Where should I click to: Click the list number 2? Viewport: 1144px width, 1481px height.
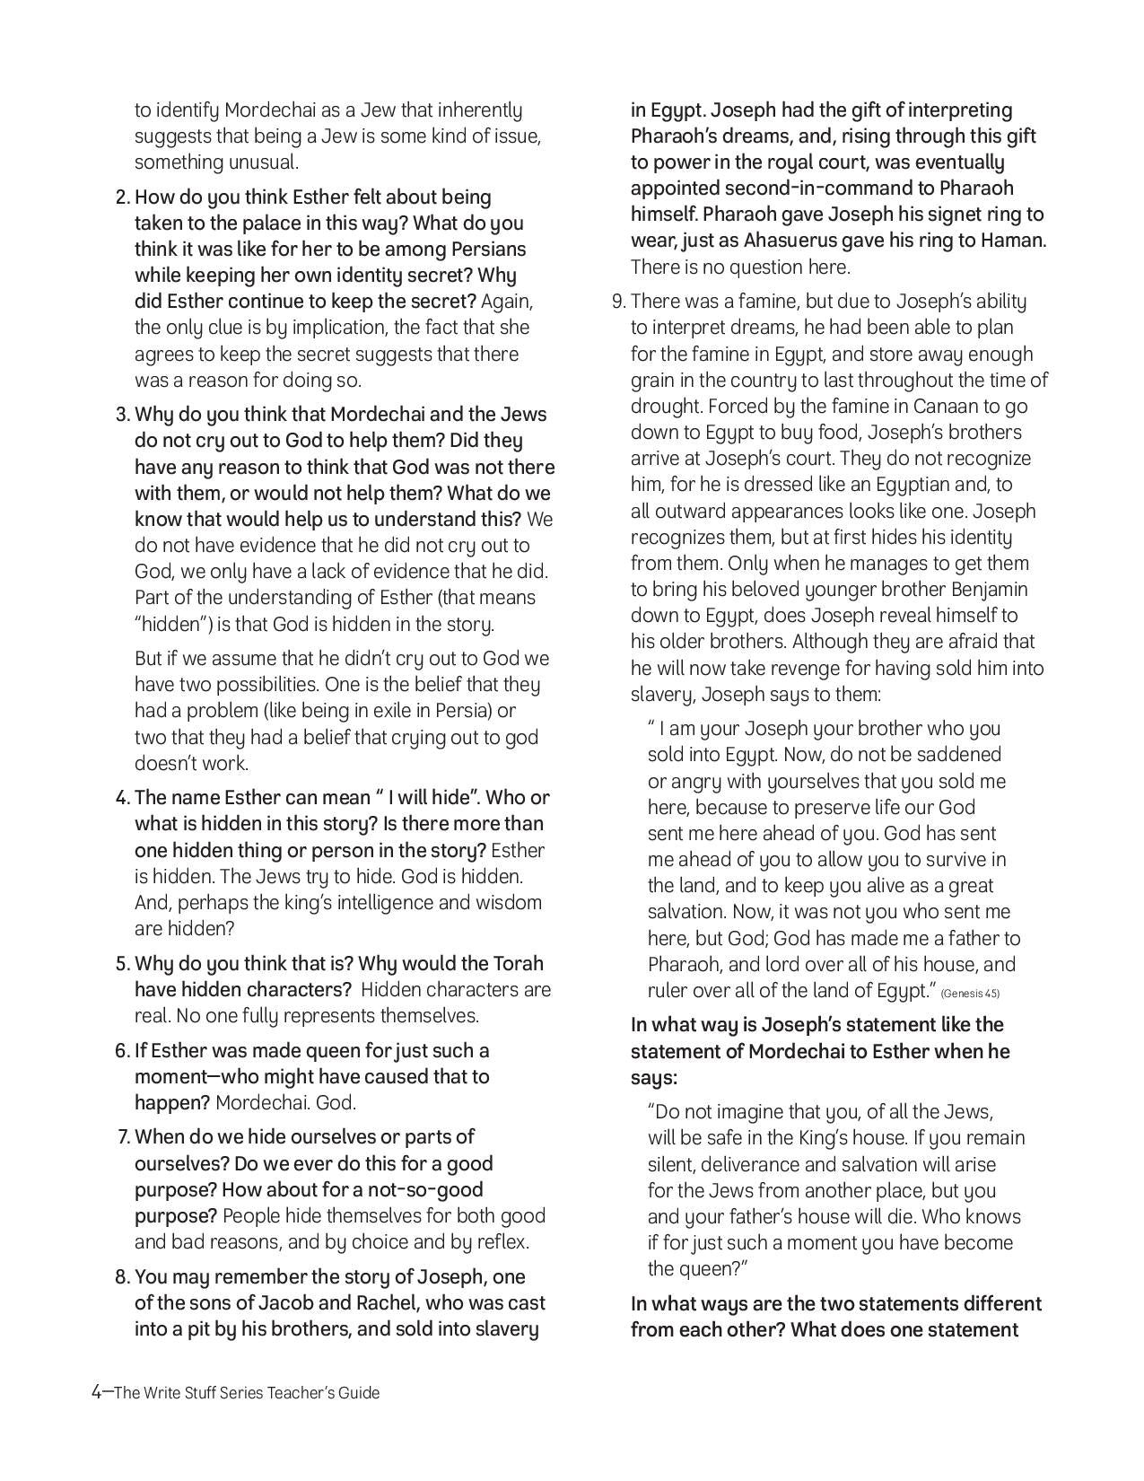tap(122, 197)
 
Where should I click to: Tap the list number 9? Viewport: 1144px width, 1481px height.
tap(617, 302)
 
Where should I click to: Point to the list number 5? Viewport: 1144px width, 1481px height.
tap(122, 964)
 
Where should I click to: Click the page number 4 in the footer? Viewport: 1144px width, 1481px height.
tap(97, 1392)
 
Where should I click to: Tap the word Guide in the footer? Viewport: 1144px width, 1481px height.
tap(358, 1393)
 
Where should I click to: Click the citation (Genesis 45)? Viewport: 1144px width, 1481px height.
tap(970, 993)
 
